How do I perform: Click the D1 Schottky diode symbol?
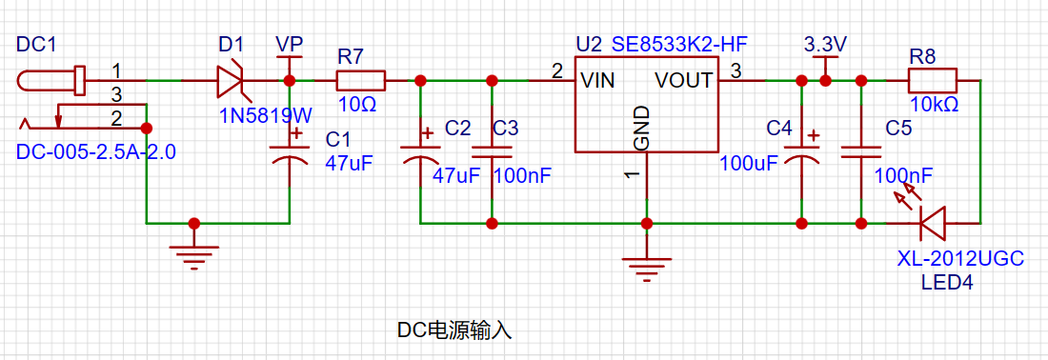pyautogui.click(x=232, y=82)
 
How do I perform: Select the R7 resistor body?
pyautogui.click(x=361, y=81)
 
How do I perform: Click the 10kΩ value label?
pyautogui.click(x=935, y=105)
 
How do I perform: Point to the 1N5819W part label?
pyautogui.click(x=266, y=116)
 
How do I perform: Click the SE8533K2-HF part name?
pyautogui.click(x=679, y=45)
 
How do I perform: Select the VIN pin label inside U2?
pyautogui.click(x=598, y=81)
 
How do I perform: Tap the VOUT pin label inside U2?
pyautogui.click(x=684, y=81)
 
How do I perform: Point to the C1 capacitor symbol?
pyautogui.click(x=290, y=150)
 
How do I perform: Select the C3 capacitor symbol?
pyautogui.click(x=492, y=151)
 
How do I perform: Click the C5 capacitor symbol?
pyautogui.click(x=861, y=151)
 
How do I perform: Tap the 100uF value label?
pyautogui.click(x=747, y=162)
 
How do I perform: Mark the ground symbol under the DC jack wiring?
pyautogui.click(x=193, y=253)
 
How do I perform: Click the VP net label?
pyautogui.click(x=290, y=45)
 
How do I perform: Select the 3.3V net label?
pyautogui.click(x=825, y=45)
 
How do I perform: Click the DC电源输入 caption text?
pyautogui.click(x=454, y=330)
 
